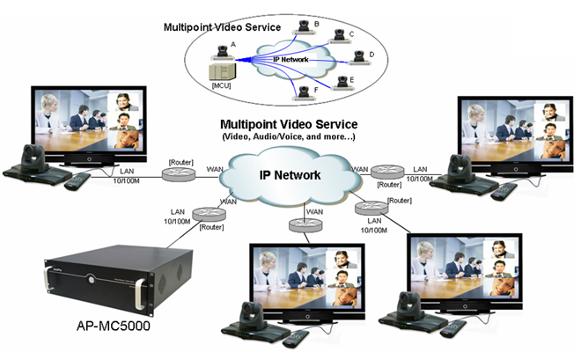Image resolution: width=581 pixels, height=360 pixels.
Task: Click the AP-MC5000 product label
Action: click(x=113, y=326)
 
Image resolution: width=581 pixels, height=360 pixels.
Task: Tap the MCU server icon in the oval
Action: click(x=223, y=71)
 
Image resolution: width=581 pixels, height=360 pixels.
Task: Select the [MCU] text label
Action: click(x=221, y=85)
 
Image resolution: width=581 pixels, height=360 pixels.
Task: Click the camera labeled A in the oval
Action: click(x=223, y=53)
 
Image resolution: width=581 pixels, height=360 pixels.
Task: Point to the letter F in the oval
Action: click(x=316, y=90)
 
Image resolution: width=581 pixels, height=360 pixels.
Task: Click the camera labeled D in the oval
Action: click(x=358, y=58)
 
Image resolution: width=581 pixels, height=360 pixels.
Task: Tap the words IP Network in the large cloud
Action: click(x=290, y=175)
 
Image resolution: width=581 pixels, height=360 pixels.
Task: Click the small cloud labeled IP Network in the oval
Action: click(x=293, y=59)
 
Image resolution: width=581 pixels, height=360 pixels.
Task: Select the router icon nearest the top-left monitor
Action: click(x=179, y=174)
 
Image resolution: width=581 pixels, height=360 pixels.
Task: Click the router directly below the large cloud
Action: click(x=305, y=224)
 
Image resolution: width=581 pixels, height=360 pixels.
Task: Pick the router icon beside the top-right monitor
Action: click(x=387, y=172)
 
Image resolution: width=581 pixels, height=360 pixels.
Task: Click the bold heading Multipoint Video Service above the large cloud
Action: click(x=289, y=124)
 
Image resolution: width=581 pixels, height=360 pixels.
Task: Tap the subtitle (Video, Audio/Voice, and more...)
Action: click(x=289, y=136)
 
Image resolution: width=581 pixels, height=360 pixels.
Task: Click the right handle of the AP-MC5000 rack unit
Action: click(x=141, y=295)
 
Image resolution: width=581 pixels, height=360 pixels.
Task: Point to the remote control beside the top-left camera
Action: click(x=77, y=181)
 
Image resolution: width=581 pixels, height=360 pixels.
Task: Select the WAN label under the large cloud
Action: click(x=314, y=212)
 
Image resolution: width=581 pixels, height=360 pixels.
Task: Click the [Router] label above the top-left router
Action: click(x=180, y=162)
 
